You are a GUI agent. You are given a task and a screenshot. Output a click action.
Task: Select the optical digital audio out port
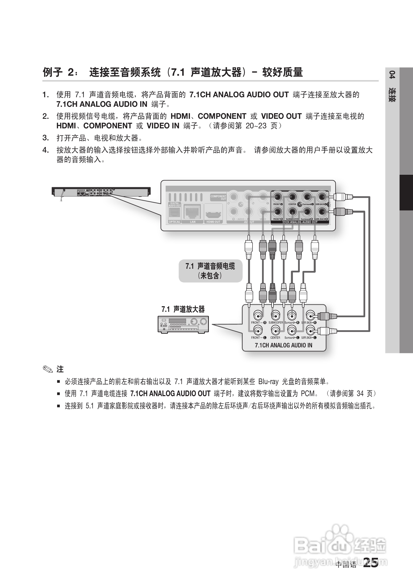(175, 212)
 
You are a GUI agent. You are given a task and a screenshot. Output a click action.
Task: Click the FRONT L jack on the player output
(277, 197)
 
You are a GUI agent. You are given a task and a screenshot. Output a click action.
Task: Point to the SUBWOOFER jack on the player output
(292, 212)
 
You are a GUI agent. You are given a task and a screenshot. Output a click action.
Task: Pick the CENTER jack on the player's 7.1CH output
(292, 197)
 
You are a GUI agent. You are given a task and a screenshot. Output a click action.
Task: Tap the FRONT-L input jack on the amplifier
(258, 331)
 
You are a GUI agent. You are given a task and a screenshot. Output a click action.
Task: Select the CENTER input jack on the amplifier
(275, 331)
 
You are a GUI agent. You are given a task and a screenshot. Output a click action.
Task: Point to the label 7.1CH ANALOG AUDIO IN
(284, 345)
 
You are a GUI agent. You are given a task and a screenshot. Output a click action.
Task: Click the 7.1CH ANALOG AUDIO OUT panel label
(300, 222)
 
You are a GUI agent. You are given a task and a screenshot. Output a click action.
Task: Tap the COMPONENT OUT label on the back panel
(218, 197)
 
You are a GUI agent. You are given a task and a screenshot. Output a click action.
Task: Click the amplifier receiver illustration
(183, 324)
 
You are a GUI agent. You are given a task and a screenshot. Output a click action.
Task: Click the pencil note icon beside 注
(48, 369)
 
